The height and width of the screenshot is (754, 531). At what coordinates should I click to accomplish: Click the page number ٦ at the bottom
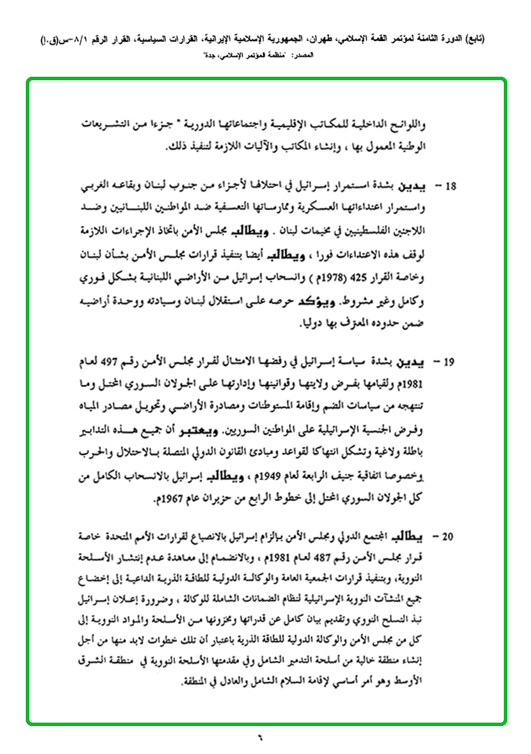tap(265, 737)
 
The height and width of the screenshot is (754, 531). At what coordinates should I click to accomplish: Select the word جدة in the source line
tap(208, 53)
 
